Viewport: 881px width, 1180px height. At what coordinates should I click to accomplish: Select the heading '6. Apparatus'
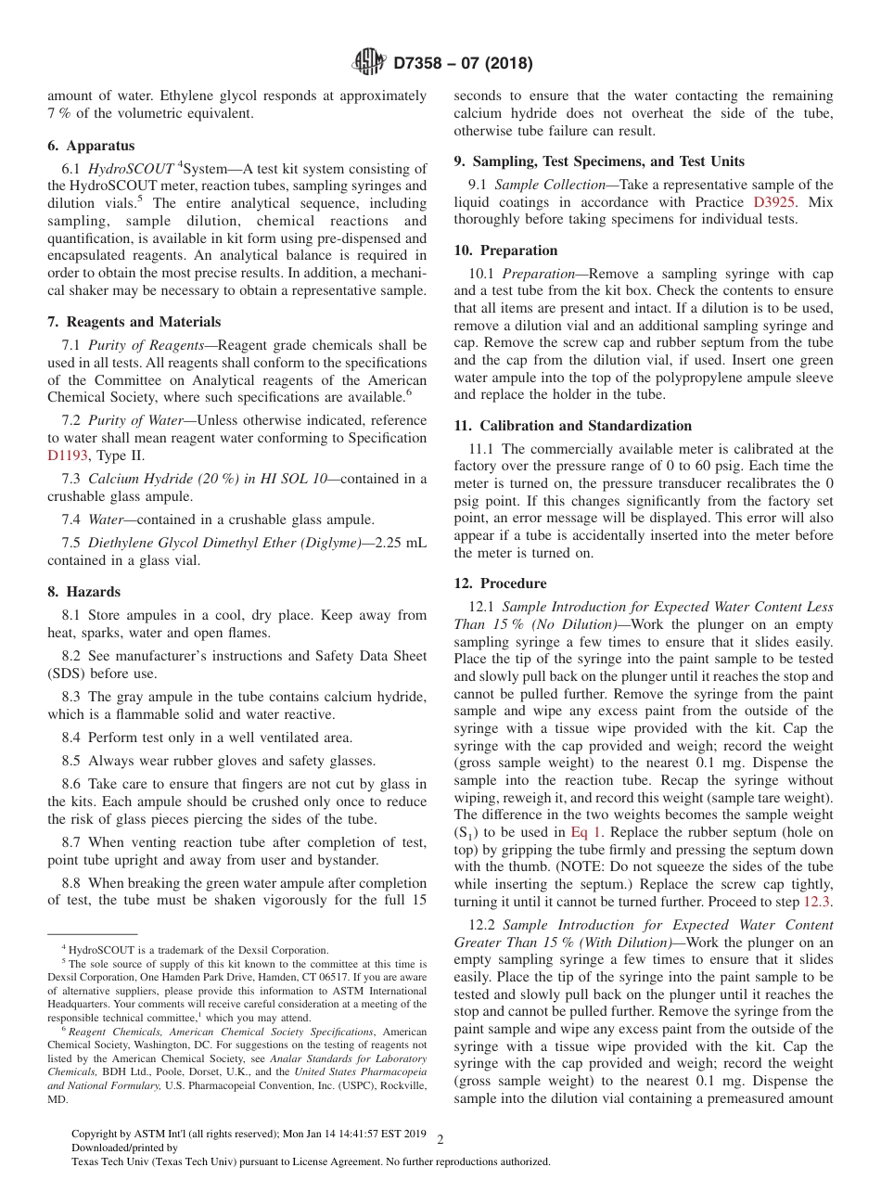[x=91, y=146]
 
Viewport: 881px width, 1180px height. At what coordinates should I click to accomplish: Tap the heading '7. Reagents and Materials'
[x=134, y=322]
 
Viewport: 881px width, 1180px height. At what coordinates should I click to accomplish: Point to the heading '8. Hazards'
[x=84, y=592]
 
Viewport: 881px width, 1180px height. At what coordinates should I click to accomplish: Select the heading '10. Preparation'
[x=505, y=250]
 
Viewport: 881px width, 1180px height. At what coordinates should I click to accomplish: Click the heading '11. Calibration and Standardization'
[x=572, y=426]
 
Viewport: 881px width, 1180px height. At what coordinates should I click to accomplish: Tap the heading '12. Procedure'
[x=500, y=584]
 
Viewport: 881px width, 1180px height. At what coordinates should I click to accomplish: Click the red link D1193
[x=68, y=455]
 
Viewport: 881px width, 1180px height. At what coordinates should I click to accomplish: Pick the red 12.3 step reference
[x=816, y=902]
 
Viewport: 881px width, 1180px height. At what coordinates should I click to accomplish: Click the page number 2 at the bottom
[x=440, y=1140]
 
